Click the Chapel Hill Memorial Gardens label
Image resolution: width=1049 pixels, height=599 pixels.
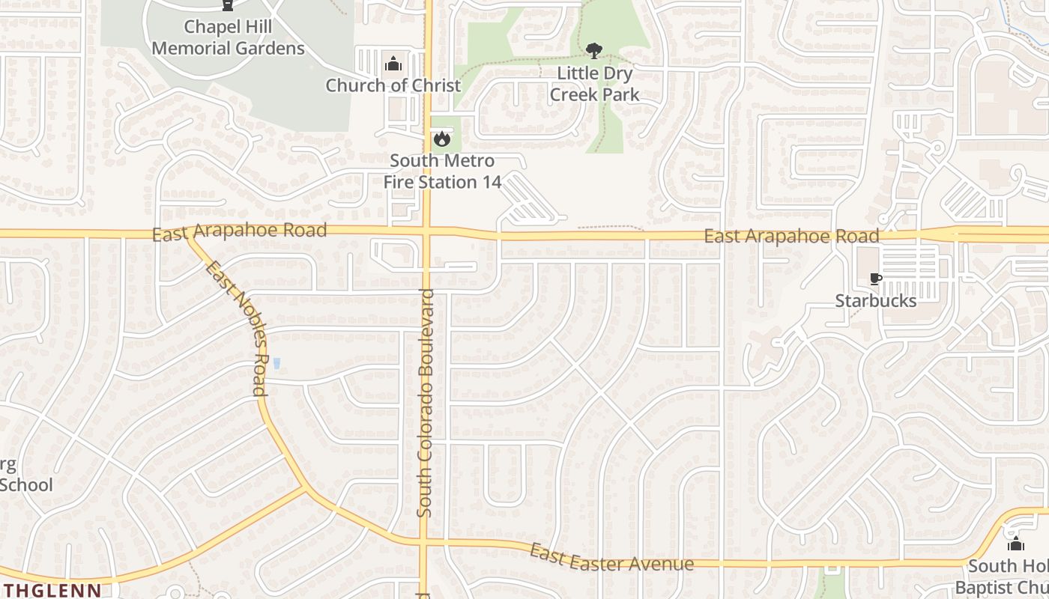228,38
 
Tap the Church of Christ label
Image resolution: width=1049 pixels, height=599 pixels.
393,85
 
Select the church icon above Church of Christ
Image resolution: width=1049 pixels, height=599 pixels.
393,64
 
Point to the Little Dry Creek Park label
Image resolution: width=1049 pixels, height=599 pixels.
594,84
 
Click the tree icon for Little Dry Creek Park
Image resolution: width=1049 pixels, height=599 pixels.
594,51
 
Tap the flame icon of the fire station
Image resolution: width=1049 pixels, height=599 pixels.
441,139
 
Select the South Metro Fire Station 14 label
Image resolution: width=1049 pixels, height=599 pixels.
442,171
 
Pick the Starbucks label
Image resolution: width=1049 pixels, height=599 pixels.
875,301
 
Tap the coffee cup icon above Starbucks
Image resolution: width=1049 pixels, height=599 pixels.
875,279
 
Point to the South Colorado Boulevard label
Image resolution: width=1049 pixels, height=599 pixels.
425,403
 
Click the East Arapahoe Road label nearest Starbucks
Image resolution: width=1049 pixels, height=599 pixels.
791,237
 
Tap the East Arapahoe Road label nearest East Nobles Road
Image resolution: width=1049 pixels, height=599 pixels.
239,231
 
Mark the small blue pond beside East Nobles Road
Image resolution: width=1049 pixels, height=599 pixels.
276,364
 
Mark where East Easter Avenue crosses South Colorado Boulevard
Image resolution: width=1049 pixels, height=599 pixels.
424,540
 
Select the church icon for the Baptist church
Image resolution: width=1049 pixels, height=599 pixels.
1015,544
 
